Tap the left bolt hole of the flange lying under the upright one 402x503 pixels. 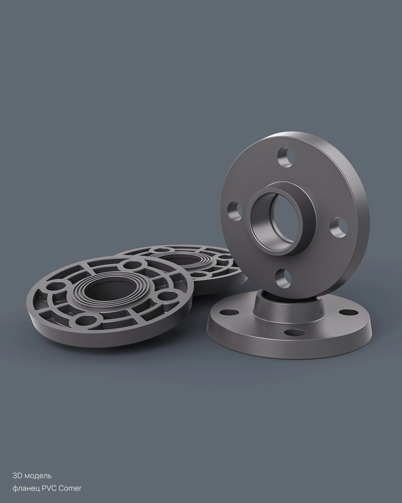click(227, 312)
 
